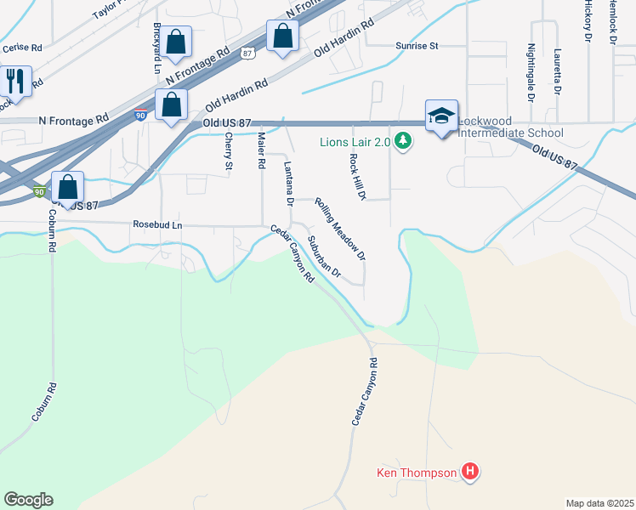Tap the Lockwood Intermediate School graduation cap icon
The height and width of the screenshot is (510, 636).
(441, 116)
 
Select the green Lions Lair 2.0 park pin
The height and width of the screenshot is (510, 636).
(404, 142)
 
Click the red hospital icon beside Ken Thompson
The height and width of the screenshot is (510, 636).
(469, 471)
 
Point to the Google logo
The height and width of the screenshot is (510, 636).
(28, 500)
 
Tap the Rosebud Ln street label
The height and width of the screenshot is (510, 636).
(157, 225)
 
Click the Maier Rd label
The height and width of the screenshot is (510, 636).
(262, 149)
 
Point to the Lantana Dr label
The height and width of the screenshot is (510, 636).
(288, 184)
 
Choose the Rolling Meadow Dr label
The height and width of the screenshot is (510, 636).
(340, 229)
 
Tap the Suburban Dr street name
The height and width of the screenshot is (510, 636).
(324, 258)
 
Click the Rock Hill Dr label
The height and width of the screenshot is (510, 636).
(356, 177)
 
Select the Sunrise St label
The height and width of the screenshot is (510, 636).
(416, 46)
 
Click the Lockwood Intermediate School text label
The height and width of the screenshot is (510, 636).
(510, 133)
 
